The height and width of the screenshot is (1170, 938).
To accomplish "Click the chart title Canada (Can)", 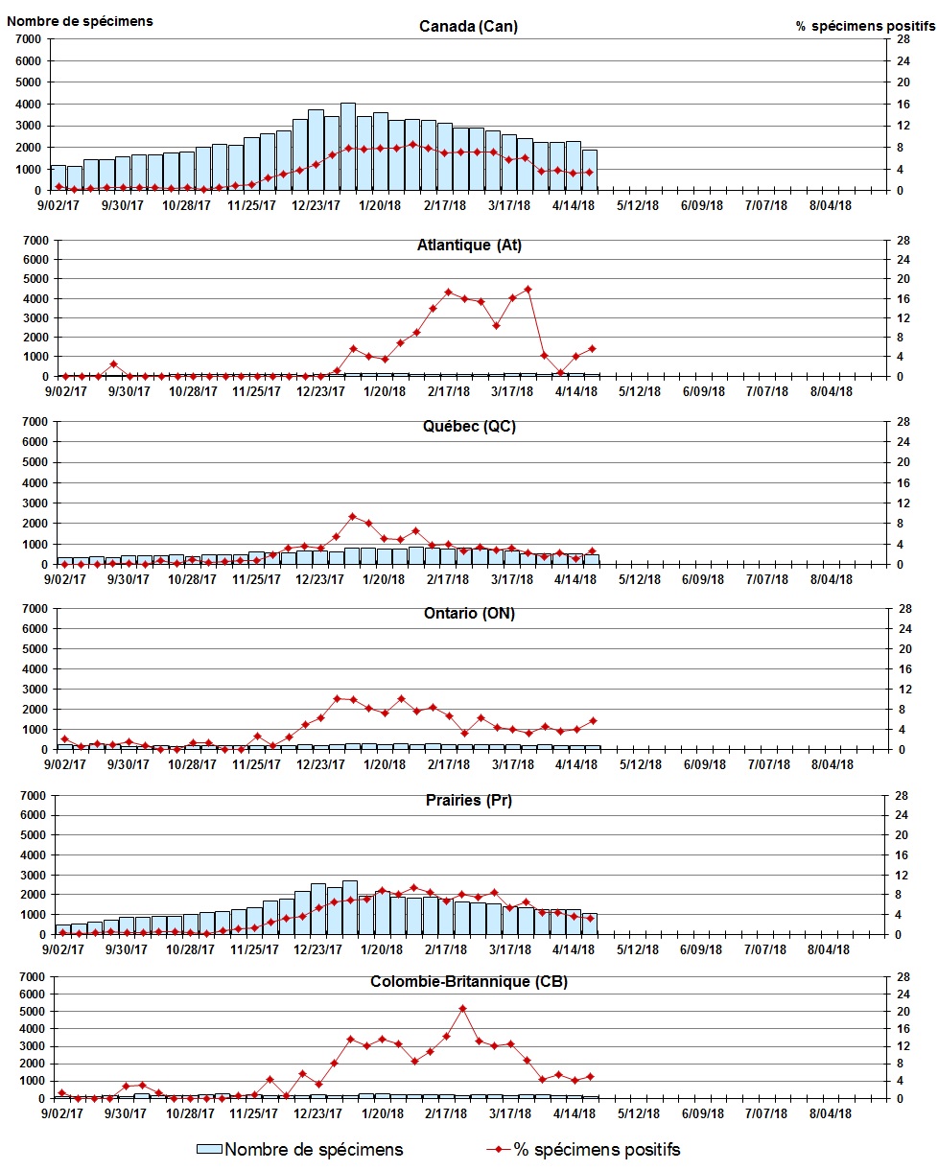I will [x=468, y=26].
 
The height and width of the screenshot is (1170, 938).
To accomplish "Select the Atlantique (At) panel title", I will [x=469, y=245].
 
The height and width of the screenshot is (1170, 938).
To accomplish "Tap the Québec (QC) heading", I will [x=469, y=427].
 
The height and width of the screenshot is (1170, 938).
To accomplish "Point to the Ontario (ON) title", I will [x=469, y=614].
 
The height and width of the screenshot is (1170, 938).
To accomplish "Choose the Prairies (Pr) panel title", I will [x=469, y=800].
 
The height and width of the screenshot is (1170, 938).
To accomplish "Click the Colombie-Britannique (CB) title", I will [x=469, y=982].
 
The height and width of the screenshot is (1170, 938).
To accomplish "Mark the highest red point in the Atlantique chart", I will [x=528, y=289].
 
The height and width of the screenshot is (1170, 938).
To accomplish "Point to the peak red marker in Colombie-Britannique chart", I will [x=462, y=1008].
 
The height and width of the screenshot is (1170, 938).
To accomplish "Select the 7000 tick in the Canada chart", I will [x=26, y=39].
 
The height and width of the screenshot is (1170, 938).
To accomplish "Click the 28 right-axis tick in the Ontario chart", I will [x=902, y=608].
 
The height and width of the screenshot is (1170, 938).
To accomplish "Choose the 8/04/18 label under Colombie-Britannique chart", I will [x=831, y=1112].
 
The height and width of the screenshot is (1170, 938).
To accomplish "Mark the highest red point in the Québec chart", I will [x=352, y=516].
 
